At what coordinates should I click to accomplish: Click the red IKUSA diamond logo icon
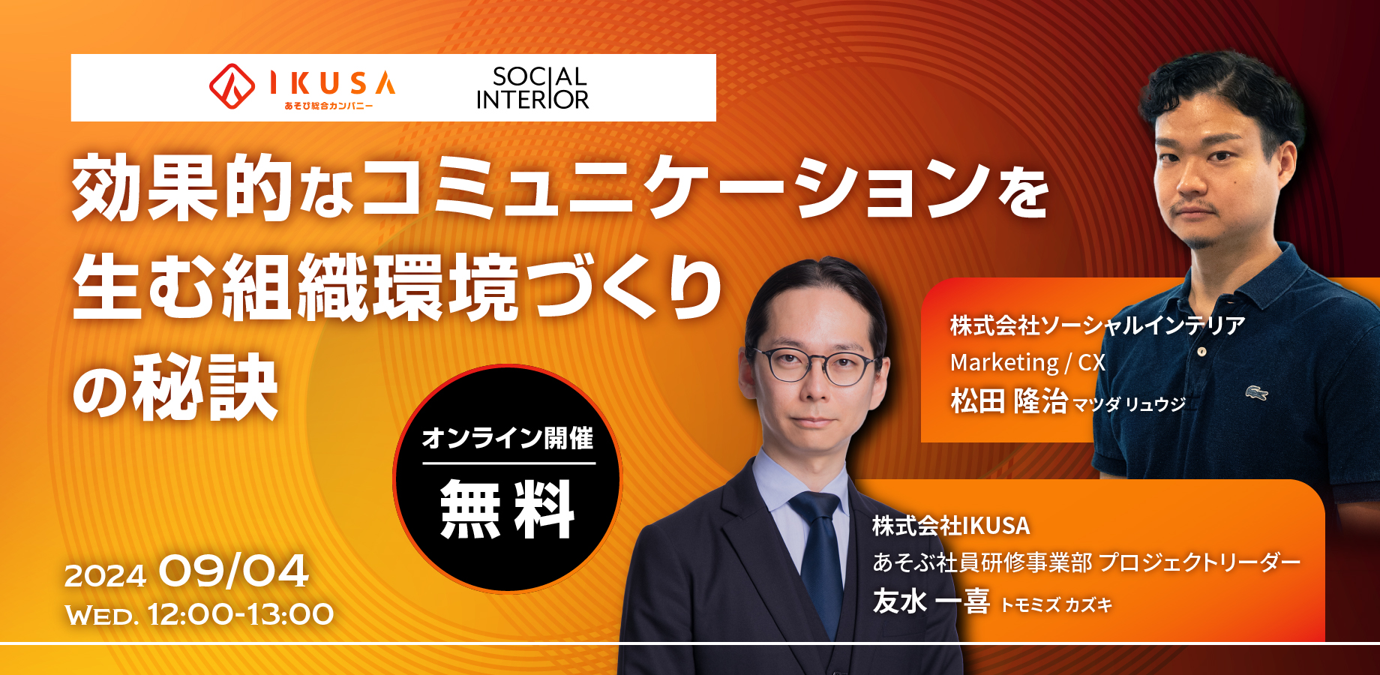point(232,85)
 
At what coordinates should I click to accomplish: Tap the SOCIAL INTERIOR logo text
point(532,88)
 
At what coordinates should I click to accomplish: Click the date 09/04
point(233,571)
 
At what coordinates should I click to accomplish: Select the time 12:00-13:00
point(241,615)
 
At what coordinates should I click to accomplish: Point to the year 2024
point(105,576)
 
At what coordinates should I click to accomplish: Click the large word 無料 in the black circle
point(507,510)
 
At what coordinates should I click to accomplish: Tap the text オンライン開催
point(508,438)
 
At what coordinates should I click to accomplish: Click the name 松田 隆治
point(1009,401)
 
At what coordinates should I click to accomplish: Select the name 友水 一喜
point(931,601)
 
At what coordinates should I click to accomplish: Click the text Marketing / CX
point(1027,363)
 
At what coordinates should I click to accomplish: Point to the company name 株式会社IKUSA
point(951,526)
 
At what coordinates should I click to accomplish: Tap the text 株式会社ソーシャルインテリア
point(1097,325)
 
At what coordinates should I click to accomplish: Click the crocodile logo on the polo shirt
point(1256,392)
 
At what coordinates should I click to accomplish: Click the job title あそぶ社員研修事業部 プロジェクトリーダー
point(1086,562)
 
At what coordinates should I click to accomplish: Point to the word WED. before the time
point(102,616)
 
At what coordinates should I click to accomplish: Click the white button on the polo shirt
point(1201,351)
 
